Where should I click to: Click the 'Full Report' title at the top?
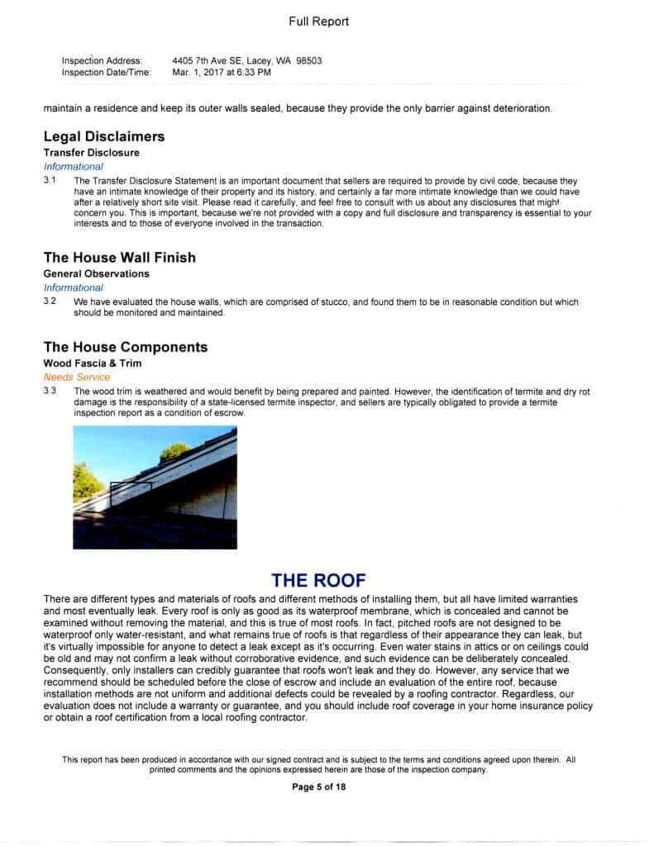coord(318,21)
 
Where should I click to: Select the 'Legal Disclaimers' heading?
coord(104,136)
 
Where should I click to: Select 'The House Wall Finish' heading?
coord(120,258)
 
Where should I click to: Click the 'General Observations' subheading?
coord(97,273)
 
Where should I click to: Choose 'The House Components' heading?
coord(126,347)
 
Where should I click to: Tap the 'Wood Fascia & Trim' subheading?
coord(93,363)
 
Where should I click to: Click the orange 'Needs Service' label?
coord(76,377)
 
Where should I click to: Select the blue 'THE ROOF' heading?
coord(318,580)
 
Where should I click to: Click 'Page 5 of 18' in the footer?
coord(318,787)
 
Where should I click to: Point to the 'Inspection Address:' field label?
coord(102,61)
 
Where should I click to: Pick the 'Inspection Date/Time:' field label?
coord(106,73)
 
